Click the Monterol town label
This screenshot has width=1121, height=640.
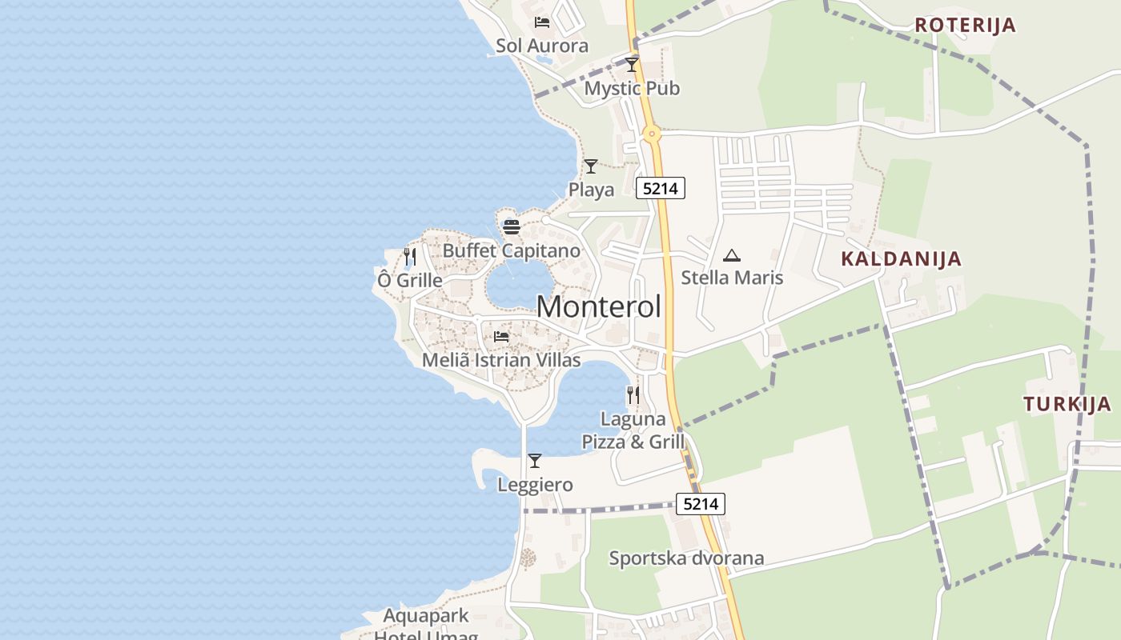click(599, 307)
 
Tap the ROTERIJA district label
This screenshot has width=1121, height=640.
click(965, 25)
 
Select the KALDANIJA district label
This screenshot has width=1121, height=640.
click(901, 258)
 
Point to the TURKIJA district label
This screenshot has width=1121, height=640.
click(1067, 404)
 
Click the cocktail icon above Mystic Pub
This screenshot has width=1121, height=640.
click(632, 65)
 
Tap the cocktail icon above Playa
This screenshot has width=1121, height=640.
click(591, 166)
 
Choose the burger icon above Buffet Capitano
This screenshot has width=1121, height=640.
click(512, 227)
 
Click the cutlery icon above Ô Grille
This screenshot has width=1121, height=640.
click(410, 257)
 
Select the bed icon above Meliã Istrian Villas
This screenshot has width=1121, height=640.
click(501, 336)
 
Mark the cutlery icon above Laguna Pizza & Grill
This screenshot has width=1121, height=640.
click(633, 395)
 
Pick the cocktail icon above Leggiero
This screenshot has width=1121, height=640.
click(535, 461)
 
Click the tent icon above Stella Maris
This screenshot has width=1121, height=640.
click(732, 256)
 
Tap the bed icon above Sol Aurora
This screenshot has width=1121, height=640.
click(542, 22)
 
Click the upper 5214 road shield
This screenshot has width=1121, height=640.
click(661, 189)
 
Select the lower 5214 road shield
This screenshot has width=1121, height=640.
click(701, 504)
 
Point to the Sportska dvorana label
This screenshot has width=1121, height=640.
click(686, 558)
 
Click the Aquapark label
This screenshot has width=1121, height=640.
click(425, 617)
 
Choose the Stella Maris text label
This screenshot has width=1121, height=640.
click(732, 278)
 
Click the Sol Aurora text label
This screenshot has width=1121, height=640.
click(542, 46)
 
